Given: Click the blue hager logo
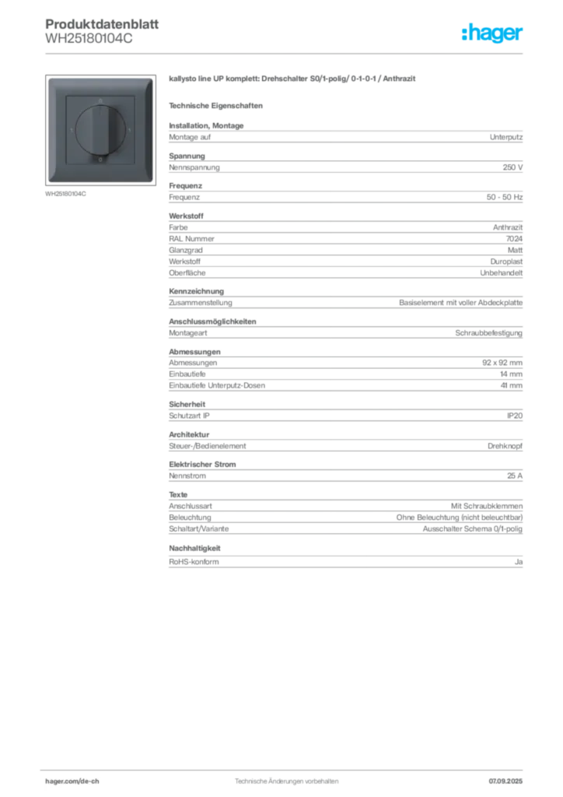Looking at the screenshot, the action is tap(493, 33).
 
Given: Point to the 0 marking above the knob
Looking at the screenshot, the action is tap(100, 100).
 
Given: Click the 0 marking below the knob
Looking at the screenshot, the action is tap(100, 160).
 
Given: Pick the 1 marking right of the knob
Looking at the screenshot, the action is tap(129, 130).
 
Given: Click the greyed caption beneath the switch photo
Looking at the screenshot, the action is tap(65, 194).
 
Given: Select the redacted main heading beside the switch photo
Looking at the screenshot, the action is tap(292, 79).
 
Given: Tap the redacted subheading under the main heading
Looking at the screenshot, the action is tap(218, 105).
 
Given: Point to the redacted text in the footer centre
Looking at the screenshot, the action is tap(286, 779).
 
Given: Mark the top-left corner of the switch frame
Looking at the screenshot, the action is tap(49, 79).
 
